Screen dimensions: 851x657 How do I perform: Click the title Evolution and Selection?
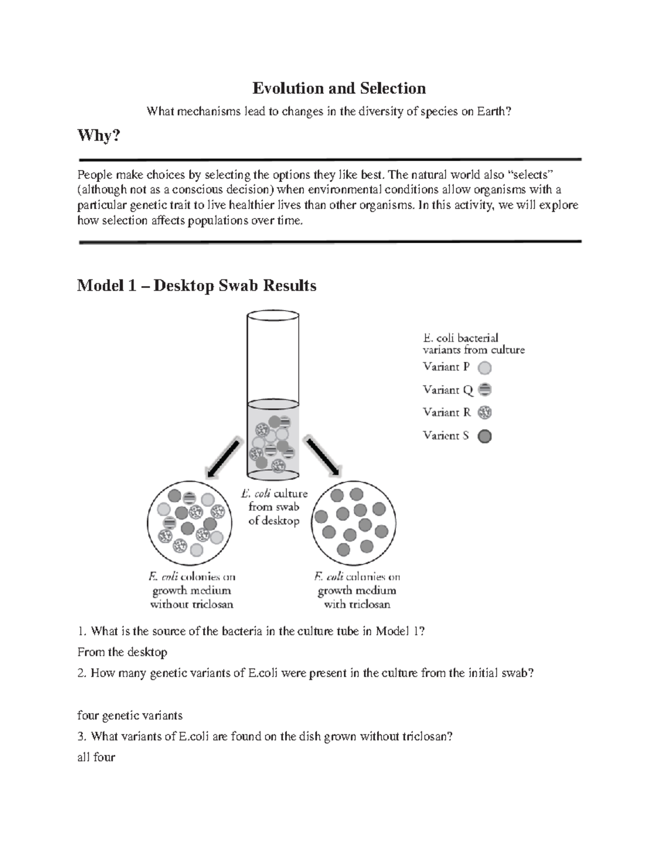click(x=338, y=88)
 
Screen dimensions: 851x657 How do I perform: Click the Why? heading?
click(x=99, y=135)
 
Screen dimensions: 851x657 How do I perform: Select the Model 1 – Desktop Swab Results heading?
click(x=197, y=285)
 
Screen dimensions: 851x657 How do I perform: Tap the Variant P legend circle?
click(x=485, y=368)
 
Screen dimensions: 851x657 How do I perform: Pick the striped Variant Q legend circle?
click(x=485, y=390)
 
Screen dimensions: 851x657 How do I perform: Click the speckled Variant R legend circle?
click(x=485, y=413)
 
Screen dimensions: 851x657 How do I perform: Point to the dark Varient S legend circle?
click(x=485, y=436)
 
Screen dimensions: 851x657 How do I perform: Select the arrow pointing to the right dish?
click(x=324, y=457)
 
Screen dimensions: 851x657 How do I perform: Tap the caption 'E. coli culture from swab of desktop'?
click(x=274, y=507)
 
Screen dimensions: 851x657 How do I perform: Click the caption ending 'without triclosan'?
click(x=192, y=591)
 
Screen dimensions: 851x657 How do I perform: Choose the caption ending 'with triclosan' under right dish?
click(x=357, y=591)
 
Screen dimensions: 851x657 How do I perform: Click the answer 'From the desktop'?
click(x=122, y=652)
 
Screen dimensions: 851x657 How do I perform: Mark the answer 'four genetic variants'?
click(x=130, y=716)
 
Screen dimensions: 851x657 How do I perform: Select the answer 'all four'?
click(x=96, y=757)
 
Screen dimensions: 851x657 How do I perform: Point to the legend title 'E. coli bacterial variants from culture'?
click(x=473, y=344)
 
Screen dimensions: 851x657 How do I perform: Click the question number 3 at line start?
click(x=81, y=736)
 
